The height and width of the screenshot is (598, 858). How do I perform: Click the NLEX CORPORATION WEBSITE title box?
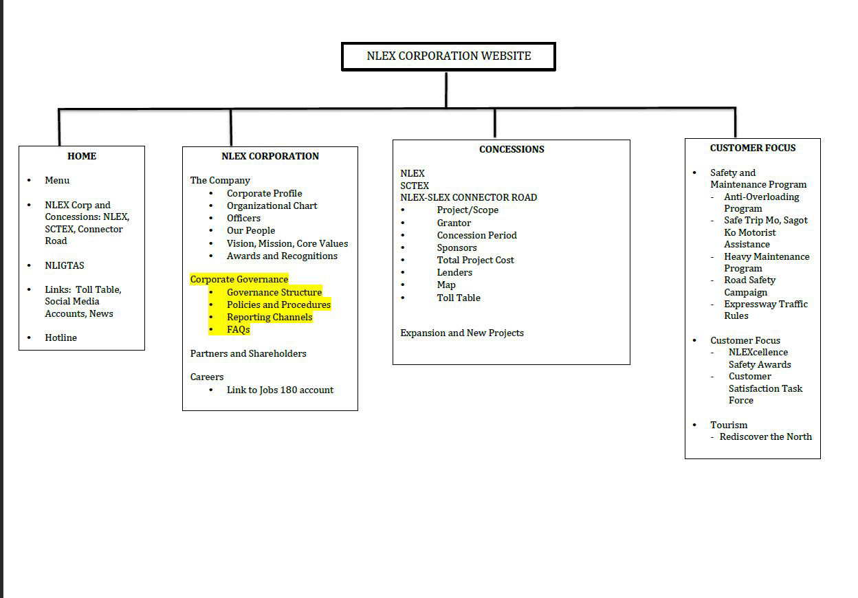click(x=448, y=56)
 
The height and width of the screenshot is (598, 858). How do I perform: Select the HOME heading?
click(x=82, y=156)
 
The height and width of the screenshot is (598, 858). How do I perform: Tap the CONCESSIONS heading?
click(x=511, y=149)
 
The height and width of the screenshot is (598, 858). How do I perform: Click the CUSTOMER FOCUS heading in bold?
click(x=753, y=148)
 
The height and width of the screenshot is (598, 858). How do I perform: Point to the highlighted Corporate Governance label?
click(x=239, y=279)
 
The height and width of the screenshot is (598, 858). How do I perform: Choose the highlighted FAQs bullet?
click(x=238, y=329)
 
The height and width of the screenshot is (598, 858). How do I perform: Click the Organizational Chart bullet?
click(x=272, y=206)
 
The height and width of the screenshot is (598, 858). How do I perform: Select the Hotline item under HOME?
click(x=60, y=337)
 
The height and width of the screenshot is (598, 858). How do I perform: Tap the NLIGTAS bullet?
click(x=65, y=265)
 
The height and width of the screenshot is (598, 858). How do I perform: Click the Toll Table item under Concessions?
click(x=459, y=298)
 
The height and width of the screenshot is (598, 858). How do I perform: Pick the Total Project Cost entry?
click(x=475, y=260)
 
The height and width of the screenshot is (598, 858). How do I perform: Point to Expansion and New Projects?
click(x=462, y=333)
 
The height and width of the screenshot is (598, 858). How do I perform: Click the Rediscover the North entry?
click(x=765, y=436)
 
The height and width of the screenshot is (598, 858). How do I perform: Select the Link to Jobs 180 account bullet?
click(x=280, y=390)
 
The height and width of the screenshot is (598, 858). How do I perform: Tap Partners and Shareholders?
click(x=248, y=353)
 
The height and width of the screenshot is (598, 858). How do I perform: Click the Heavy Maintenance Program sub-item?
click(x=766, y=263)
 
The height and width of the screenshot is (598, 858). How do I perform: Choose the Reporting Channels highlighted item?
click(x=269, y=317)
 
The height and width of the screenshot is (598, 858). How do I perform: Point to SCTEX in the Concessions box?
click(x=415, y=186)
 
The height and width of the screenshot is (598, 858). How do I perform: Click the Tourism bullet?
click(x=729, y=425)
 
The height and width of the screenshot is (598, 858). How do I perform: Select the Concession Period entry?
click(x=476, y=235)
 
